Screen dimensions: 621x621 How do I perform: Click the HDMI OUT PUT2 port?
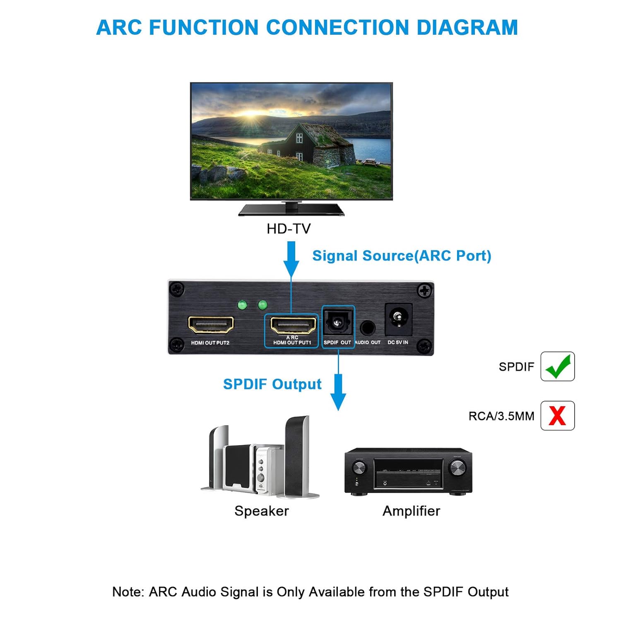point(211,325)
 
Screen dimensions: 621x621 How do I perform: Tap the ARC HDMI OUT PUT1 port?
point(293,325)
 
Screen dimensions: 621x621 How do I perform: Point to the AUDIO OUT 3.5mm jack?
point(367,328)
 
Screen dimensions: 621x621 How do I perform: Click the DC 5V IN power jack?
point(399,319)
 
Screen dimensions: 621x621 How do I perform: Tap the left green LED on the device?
point(242,306)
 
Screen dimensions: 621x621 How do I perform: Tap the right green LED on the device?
point(262,306)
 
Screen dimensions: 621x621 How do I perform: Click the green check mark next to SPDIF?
point(557,366)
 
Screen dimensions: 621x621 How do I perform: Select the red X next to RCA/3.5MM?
point(557,416)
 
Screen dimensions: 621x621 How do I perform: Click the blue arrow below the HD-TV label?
point(291,259)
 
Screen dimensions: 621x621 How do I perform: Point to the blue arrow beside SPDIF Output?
point(338,391)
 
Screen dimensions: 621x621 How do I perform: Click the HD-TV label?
point(289,229)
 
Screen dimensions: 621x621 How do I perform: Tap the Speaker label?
point(262,511)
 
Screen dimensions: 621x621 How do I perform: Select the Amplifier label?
point(411,511)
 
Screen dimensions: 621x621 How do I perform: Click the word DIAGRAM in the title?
point(467,28)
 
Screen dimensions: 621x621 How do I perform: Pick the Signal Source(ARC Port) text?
point(402,256)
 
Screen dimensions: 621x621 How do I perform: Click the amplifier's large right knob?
point(457,468)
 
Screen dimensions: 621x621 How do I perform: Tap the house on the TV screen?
point(306,143)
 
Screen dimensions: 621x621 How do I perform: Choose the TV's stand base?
point(291,210)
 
